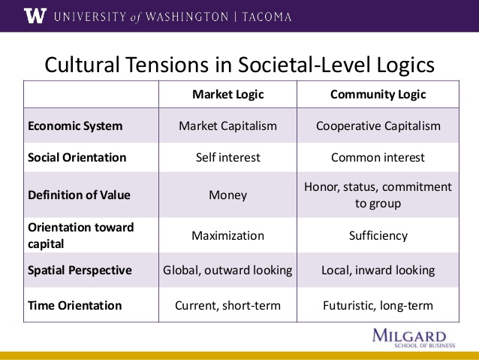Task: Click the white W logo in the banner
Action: pos(35,16)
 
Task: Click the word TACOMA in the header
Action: pos(267,17)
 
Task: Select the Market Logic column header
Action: pos(228,95)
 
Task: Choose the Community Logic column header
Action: pos(378,95)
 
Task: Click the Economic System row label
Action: pos(75,126)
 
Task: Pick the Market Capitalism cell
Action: pos(228,126)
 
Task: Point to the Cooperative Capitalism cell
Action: pos(378,126)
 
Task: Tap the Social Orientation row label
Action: pos(77,158)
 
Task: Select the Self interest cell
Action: pos(228,158)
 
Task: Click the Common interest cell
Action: pos(378,158)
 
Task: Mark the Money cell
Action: pos(228,195)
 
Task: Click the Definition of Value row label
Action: pos(79,195)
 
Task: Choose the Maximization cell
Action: pos(228,235)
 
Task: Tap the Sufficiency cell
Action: pos(378,236)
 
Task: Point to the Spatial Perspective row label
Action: pos(80,271)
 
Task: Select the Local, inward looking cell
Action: pos(378,271)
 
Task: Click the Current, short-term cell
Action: pos(228,306)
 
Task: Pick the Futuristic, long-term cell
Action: pos(378,306)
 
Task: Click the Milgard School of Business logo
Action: pos(414,339)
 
